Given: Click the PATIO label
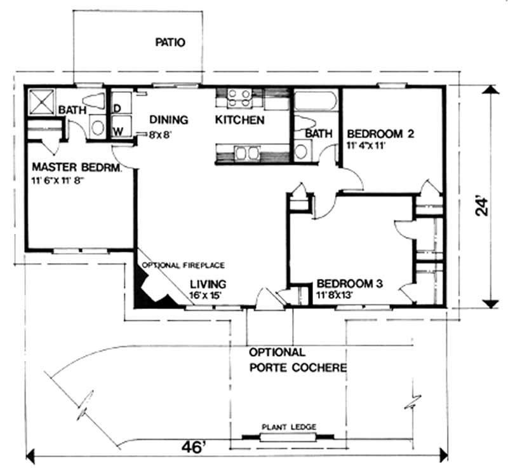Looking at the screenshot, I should (170, 43).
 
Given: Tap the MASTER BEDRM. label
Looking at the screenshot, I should (68, 168).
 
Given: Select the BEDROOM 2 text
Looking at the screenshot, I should (380, 134).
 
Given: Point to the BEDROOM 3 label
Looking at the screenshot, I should (349, 284).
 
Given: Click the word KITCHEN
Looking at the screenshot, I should (239, 120).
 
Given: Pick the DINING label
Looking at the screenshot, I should (168, 120).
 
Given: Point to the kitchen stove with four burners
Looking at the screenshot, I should (239, 97).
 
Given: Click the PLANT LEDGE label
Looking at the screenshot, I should (289, 427).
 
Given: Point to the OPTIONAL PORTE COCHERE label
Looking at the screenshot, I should (297, 360).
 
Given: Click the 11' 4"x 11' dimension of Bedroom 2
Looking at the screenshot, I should (367, 146).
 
